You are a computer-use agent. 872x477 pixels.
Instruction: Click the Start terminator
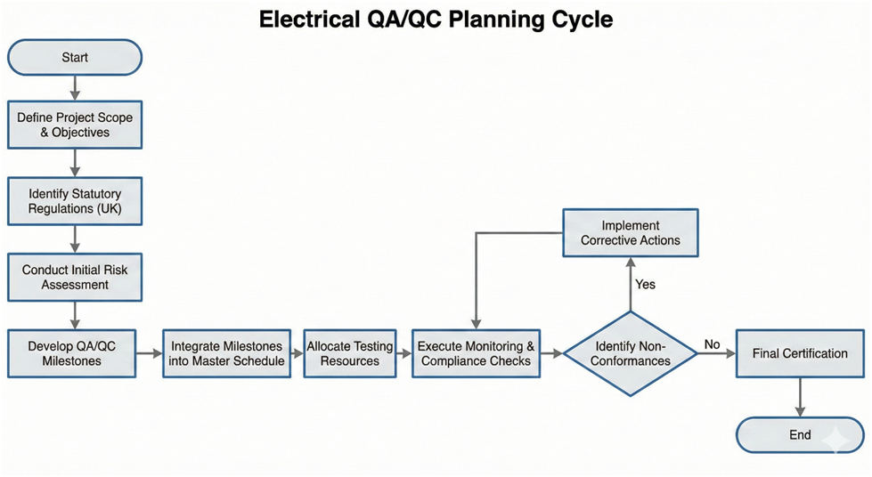75,58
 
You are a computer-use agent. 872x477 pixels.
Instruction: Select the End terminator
800,435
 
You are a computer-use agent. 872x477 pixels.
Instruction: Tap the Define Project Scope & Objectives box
75,125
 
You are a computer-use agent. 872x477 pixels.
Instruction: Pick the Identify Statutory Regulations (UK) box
75,201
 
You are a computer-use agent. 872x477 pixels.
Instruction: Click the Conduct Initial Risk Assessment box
75,278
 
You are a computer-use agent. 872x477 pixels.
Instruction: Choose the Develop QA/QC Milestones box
71,353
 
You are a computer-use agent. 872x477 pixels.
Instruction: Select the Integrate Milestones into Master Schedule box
226,353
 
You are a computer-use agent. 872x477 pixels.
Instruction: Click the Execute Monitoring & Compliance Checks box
476,353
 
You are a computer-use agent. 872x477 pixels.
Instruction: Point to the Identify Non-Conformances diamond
631,353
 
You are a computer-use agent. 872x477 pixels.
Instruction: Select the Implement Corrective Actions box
631,233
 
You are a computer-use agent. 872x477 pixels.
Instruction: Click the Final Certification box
800,353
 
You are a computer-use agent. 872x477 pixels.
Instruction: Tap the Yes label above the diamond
646,284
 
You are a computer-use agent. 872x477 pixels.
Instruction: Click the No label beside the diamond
713,344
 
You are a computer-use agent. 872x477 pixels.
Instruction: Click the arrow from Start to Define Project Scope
75,88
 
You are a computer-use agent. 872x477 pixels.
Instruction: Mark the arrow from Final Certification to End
800,398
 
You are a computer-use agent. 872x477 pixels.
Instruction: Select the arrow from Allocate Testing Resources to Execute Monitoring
403,353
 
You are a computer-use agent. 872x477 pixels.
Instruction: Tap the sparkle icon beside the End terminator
837,440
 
